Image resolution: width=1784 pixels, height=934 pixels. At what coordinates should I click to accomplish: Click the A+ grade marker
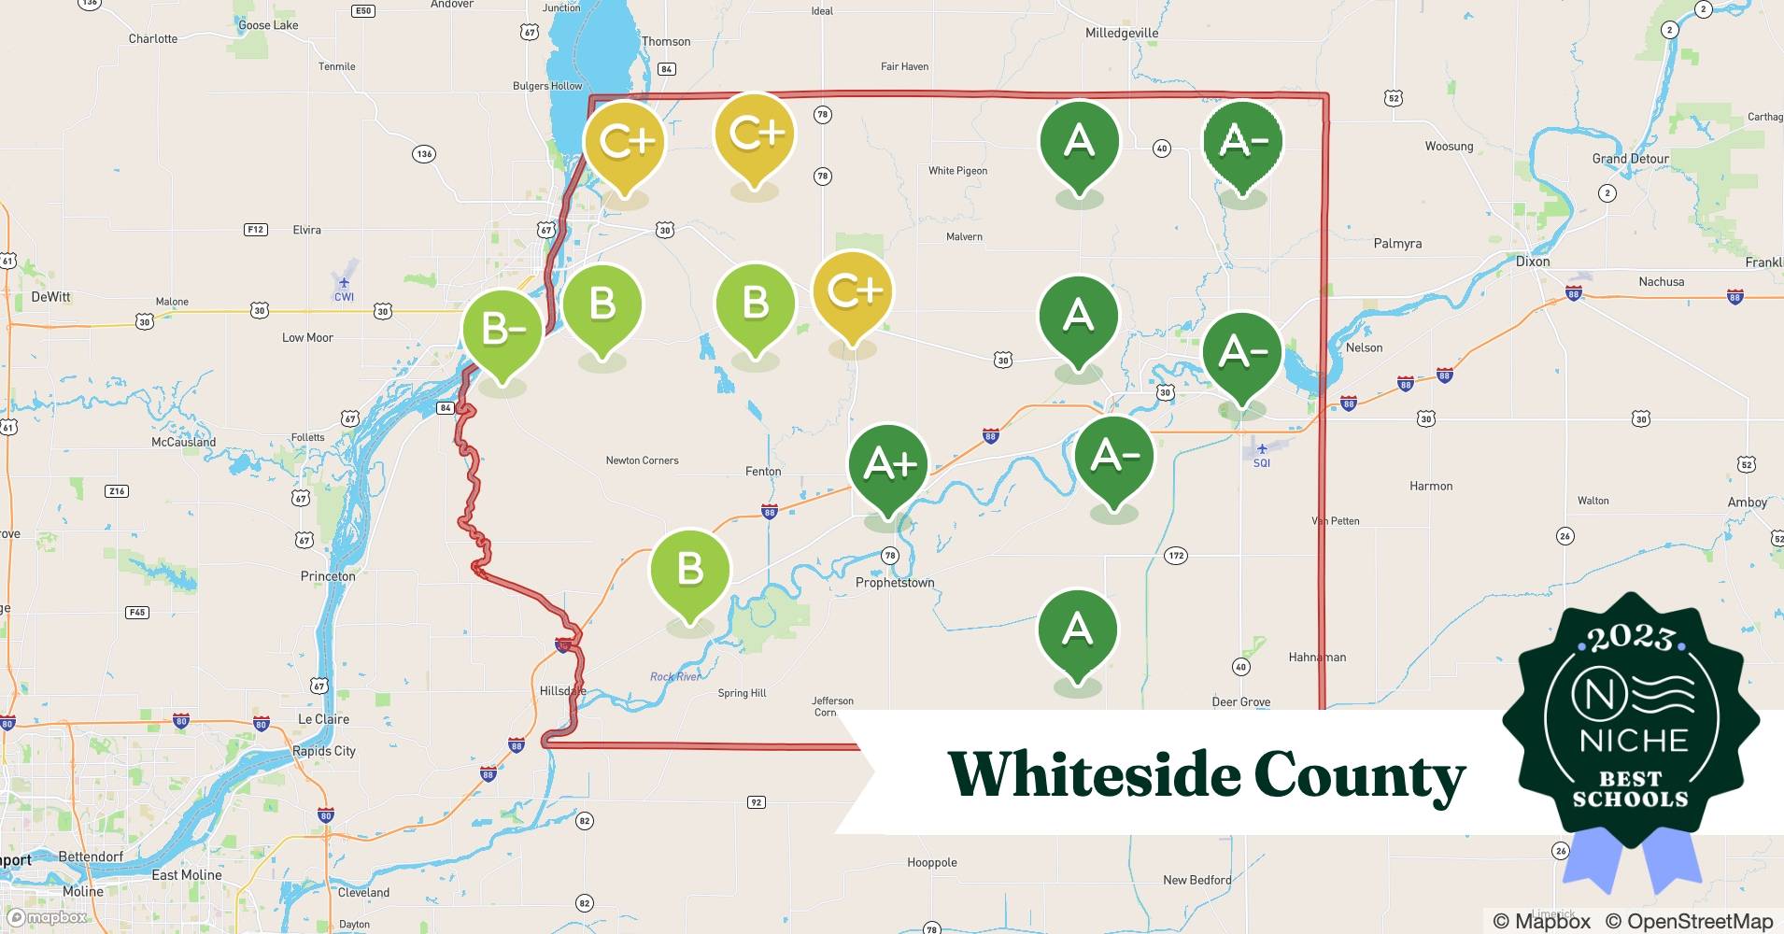[x=888, y=464]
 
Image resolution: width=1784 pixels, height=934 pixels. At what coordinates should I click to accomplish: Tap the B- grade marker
[x=503, y=329]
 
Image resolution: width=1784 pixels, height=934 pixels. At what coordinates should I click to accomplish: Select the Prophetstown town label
[x=895, y=583]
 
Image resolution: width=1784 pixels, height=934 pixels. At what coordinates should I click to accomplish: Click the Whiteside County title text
[x=1206, y=776]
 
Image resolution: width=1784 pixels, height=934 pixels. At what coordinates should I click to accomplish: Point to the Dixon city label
[x=1533, y=262]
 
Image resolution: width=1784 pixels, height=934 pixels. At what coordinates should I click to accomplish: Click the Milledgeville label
[x=1121, y=33]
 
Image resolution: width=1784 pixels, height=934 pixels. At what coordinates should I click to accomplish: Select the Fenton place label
[x=763, y=472]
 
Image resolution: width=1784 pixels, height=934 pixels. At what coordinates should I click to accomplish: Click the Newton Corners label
[x=642, y=460]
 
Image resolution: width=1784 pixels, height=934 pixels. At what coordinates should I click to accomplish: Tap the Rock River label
[x=675, y=676]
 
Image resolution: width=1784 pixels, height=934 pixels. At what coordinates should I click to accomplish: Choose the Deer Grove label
[x=1240, y=702]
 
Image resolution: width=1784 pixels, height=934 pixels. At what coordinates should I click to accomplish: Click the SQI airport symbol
[x=1262, y=449]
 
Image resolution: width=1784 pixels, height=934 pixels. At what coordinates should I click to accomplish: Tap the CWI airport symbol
[x=344, y=283]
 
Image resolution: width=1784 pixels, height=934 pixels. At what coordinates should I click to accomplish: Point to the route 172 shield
[x=1176, y=556]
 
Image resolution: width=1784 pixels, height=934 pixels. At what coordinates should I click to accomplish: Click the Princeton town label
[x=328, y=576]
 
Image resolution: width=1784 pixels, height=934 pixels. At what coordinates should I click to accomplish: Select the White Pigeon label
[x=957, y=171]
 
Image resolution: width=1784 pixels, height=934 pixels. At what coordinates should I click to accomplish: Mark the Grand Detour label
[x=1630, y=159]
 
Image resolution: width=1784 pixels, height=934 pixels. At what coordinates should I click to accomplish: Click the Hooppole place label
[x=931, y=862]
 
